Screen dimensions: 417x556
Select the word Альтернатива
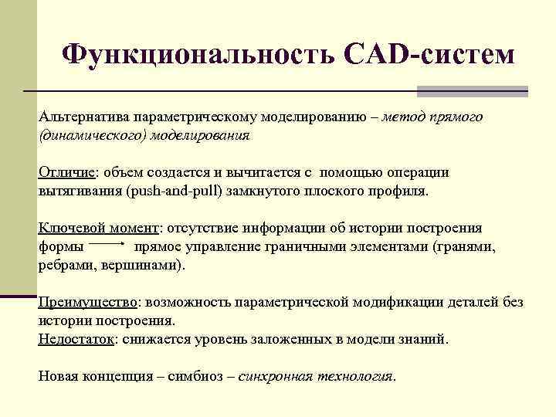click(x=83, y=118)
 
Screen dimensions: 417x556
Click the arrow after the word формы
click(x=109, y=246)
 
